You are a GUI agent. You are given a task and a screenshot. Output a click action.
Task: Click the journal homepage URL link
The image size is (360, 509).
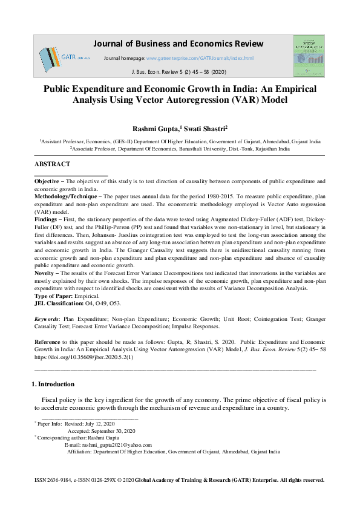[x=208, y=59]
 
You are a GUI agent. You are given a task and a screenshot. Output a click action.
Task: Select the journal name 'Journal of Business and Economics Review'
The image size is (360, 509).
[x=178, y=44]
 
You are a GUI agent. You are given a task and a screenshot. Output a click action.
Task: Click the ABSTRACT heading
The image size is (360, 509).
[x=52, y=164]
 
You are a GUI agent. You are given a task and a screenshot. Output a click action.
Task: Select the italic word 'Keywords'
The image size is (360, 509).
[x=47, y=317]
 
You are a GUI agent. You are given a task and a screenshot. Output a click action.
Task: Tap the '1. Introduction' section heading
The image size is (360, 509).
[x=53, y=384]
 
